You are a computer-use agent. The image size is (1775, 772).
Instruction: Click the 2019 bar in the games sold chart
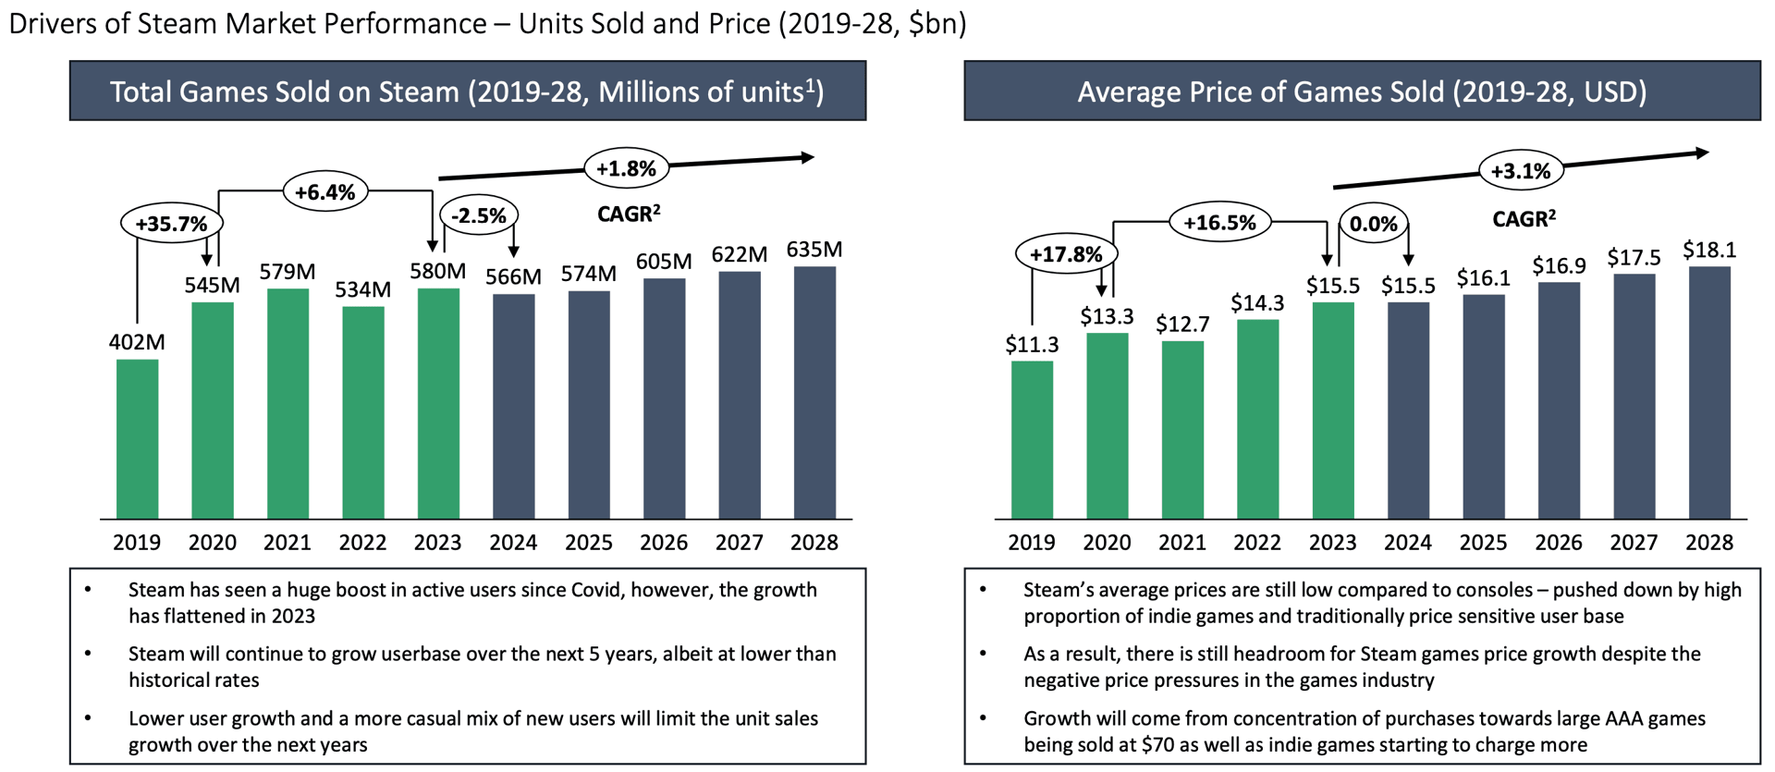point(137,439)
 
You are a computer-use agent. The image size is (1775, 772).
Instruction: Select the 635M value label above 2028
point(814,250)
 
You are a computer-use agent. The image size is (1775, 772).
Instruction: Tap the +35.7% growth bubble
point(172,224)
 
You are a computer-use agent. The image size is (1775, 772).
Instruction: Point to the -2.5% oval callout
point(479,215)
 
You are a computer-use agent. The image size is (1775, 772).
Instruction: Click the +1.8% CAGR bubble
point(626,169)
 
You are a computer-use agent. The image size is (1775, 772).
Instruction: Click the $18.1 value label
point(1708,250)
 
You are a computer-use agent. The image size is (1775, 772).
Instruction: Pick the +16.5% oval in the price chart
point(1219,223)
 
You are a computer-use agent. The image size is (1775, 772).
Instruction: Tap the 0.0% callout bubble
point(1373,224)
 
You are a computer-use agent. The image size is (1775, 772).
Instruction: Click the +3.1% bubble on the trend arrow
point(1521,171)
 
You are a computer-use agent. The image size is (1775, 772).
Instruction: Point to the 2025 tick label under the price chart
point(1483,543)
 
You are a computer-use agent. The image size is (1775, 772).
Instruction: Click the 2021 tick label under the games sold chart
point(288,543)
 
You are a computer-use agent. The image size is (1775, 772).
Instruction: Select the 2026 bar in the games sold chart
point(664,398)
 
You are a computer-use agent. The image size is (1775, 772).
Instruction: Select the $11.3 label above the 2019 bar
point(1032,345)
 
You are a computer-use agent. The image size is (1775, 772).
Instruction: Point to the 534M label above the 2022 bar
point(362,289)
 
